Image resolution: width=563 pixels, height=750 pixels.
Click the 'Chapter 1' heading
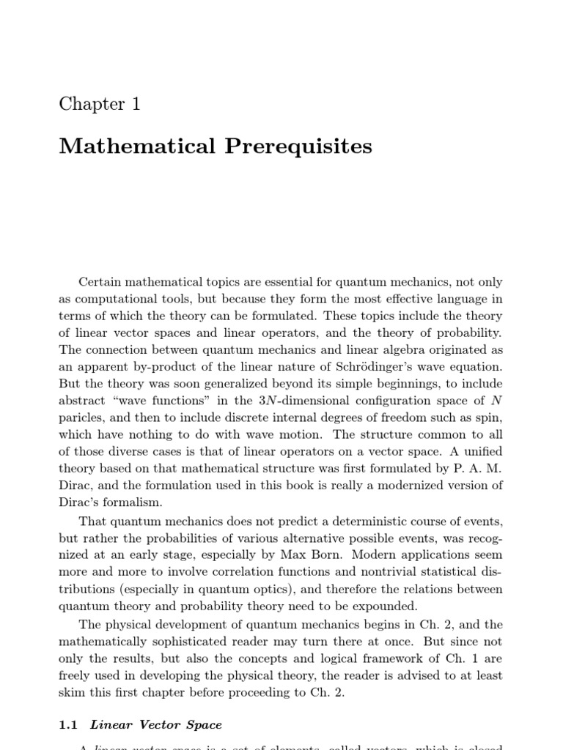pos(100,104)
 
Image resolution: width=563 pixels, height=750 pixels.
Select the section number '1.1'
pos(67,725)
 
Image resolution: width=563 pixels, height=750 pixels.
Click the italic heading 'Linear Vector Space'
pos(155,725)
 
